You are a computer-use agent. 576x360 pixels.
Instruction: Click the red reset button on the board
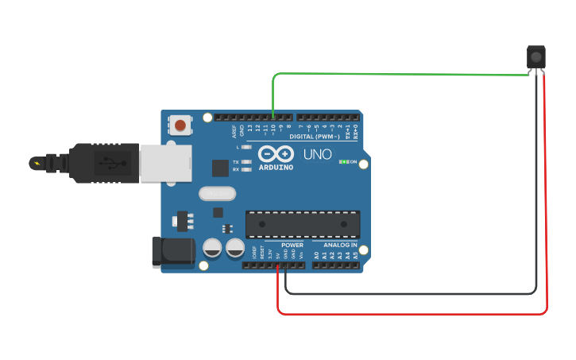pyautogui.click(x=181, y=125)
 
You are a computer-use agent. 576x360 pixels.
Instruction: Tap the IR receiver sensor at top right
pyautogui.click(x=537, y=57)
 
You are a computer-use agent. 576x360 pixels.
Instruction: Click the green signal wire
pyautogui.click(x=397, y=75)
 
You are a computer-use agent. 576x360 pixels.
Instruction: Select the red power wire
pyautogui.click(x=547, y=199)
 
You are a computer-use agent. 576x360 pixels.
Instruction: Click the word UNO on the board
pyautogui.click(x=320, y=153)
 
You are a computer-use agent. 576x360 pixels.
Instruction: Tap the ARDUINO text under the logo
pyautogui.click(x=276, y=168)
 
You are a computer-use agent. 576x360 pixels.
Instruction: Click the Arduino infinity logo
pyautogui.click(x=276, y=153)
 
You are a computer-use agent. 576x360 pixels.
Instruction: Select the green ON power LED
pyautogui.click(x=343, y=161)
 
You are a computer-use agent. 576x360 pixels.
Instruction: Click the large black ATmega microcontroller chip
pyautogui.click(x=303, y=224)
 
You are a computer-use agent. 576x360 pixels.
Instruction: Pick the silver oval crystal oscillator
pyautogui.click(x=217, y=193)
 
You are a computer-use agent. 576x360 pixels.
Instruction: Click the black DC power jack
pyautogui.click(x=173, y=251)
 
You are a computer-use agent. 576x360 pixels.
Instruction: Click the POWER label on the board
pyautogui.click(x=292, y=245)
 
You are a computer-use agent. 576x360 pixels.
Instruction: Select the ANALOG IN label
pyautogui.click(x=340, y=245)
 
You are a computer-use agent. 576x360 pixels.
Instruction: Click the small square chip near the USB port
pyautogui.click(x=220, y=168)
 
